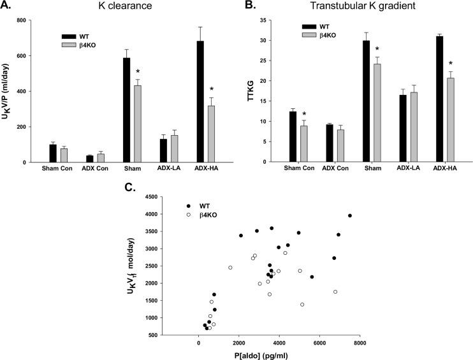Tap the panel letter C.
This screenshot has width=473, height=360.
129,189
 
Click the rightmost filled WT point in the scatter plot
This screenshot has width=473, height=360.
350,216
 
